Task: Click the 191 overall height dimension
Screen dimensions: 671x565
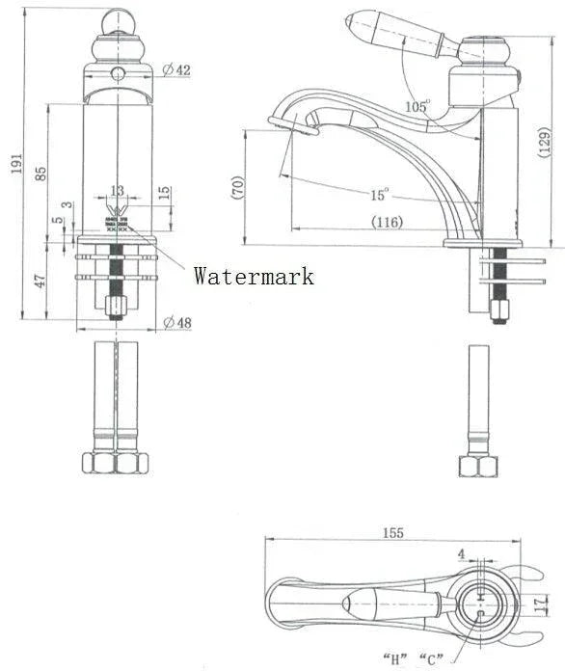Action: pyautogui.click(x=14, y=166)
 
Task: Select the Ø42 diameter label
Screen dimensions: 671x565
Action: pyautogui.click(x=176, y=68)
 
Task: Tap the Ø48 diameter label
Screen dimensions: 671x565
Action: pyautogui.click(x=176, y=321)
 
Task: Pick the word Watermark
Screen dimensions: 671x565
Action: pyautogui.click(x=254, y=277)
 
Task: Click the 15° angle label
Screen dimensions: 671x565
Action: pyautogui.click(x=379, y=194)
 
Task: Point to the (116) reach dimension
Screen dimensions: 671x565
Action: pyautogui.click(x=388, y=222)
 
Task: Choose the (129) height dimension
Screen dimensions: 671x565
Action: pyautogui.click(x=546, y=141)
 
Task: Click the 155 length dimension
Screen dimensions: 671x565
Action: pyautogui.click(x=392, y=532)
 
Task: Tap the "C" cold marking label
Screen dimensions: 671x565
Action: pyautogui.click(x=430, y=659)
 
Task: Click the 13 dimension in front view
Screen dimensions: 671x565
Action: pyautogui.click(x=117, y=191)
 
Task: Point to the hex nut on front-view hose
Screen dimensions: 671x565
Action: pyautogui.click(x=115, y=464)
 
